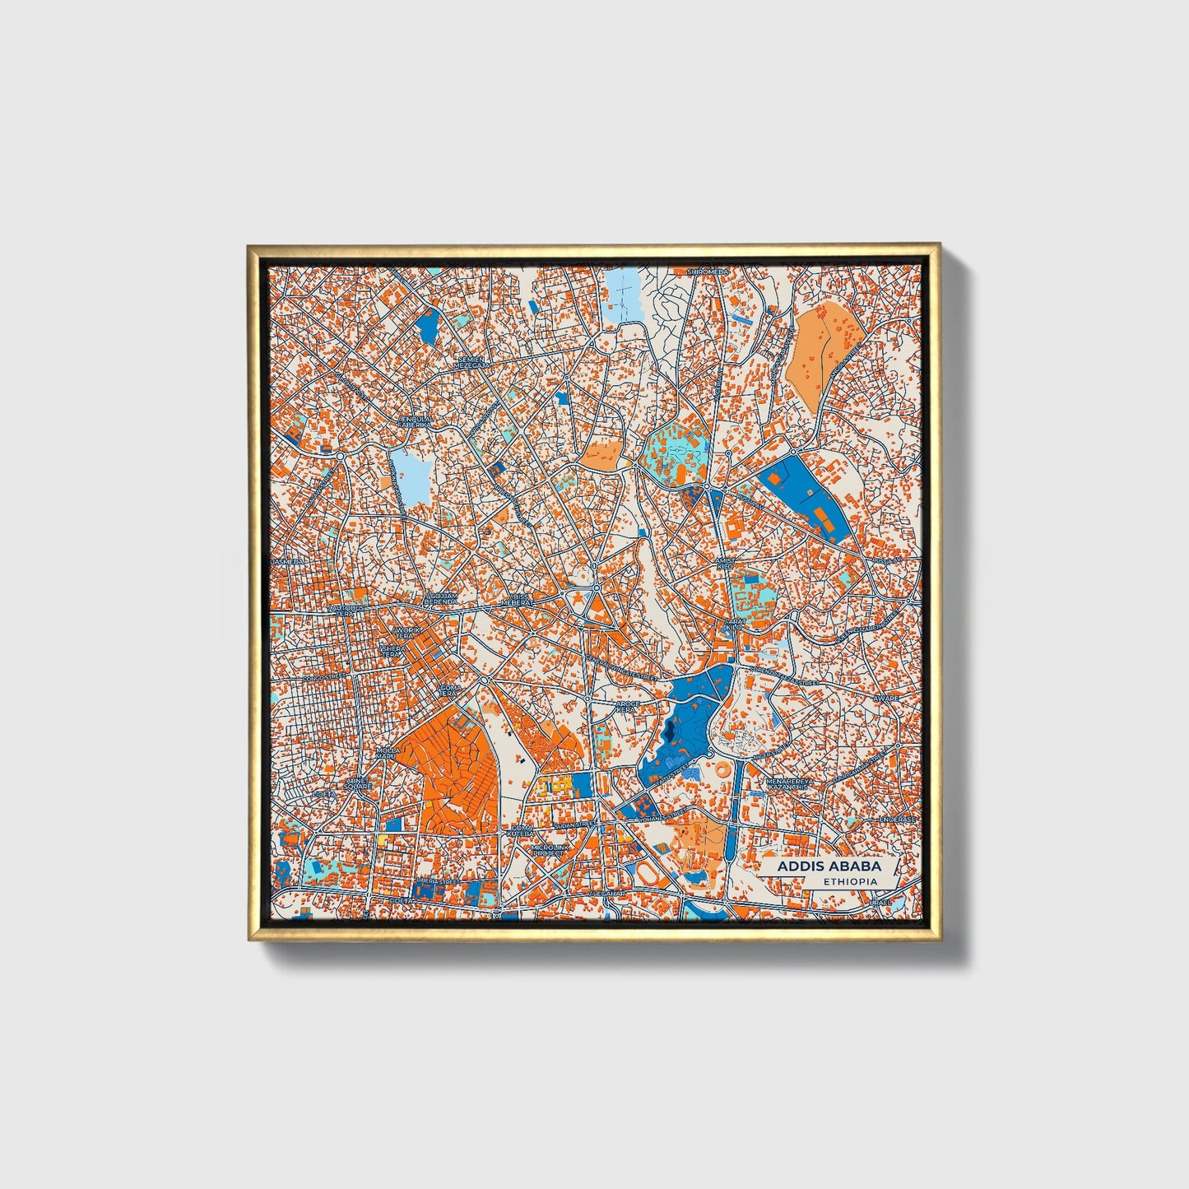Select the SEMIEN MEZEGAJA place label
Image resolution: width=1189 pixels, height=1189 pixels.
point(473,362)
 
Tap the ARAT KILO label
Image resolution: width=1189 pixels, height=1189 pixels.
point(732,624)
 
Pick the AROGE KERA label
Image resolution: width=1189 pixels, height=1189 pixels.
point(627,707)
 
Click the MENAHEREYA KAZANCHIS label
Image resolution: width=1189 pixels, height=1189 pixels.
point(789,784)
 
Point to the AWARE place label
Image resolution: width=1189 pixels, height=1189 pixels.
point(887,698)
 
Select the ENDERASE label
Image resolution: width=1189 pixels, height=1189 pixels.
point(896,820)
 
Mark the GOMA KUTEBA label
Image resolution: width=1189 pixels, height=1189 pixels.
point(523,832)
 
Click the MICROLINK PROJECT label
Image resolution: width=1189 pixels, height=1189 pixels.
point(547,850)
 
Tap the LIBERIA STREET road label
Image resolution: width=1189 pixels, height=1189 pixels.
point(438,881)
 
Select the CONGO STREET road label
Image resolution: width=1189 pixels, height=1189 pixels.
point(321,678)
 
